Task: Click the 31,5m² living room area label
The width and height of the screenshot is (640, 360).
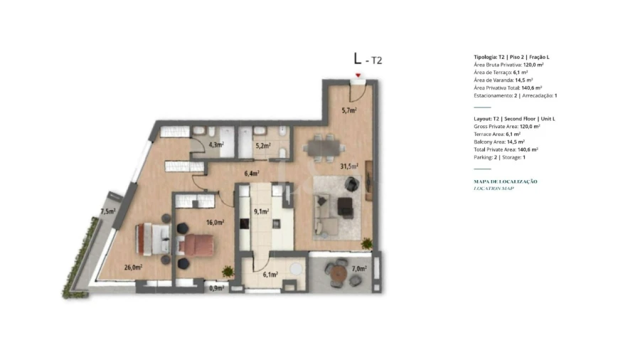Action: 348,166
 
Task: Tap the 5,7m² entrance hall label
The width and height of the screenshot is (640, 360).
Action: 348,110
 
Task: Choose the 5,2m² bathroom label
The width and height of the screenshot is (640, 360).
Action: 262,146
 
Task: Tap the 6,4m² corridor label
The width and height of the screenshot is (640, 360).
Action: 251,173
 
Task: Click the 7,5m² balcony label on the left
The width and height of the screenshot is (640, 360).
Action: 108,211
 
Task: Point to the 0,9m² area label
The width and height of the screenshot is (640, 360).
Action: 216,288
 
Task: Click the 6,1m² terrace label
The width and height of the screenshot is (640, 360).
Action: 270,274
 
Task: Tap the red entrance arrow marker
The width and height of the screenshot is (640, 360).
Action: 358,75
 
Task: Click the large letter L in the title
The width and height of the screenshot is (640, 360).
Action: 358,58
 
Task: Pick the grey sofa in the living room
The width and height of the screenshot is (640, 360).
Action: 328,213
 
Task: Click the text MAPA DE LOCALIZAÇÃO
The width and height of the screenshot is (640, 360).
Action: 505,181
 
